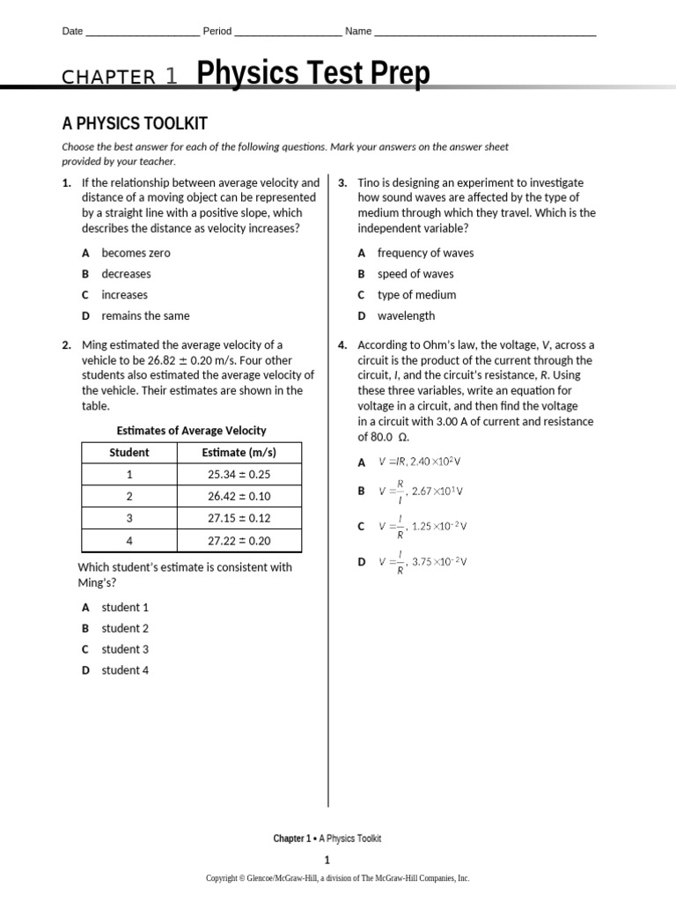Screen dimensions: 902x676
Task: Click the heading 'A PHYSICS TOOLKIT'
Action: tap(134, 123)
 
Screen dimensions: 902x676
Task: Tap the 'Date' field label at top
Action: tap(72, 31)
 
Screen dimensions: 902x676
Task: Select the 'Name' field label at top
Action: tap(358, 31)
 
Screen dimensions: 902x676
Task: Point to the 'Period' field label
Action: tap(217, 31)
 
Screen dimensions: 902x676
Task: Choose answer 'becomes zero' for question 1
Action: tap(136, 253)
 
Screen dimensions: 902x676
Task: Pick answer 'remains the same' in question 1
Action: tap(145, 315)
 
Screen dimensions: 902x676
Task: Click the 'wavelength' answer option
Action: tap(406, 315)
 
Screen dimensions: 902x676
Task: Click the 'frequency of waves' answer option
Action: tap(425, 253)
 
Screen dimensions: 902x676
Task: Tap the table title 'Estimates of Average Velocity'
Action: tap(191, 431)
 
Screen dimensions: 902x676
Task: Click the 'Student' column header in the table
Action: tap(129, 453)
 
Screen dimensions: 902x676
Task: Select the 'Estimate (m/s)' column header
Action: tap(239, 453)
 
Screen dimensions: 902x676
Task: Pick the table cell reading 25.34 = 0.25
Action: tap(239, 475)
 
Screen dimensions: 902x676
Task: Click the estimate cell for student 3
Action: tap(239, 519)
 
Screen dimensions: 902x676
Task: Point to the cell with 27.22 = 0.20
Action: tap(239, 541)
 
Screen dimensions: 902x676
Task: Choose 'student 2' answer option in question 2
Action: tap(125, 628)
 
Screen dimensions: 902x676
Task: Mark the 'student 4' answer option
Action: tap(125, 670)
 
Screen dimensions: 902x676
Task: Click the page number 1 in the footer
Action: tap(327, 860)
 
